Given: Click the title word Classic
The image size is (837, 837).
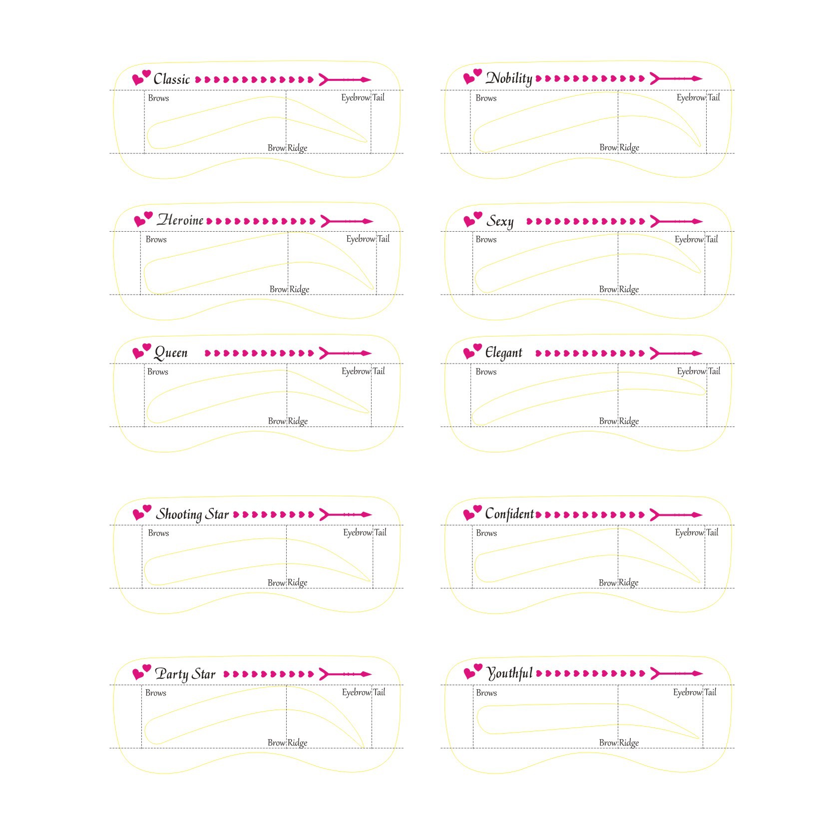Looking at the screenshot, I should [x=171, y=79].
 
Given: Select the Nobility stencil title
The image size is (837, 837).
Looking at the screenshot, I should [x=508, y=78].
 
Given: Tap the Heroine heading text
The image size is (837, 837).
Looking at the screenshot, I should [x=180, y=220].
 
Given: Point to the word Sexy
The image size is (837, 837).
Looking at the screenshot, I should [x=499, y=221].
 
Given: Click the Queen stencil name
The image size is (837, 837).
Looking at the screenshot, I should [x=171, y=353].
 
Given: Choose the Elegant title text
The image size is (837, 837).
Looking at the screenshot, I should [x=503, y=353].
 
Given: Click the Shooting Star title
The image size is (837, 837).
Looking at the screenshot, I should [x=192, y=514].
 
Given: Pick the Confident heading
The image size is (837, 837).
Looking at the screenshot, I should [x=509, y=514].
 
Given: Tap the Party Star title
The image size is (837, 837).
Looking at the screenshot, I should [x=185, y=674].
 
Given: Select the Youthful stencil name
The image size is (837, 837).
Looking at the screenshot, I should [x=509, y=673].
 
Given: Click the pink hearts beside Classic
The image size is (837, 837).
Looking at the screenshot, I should [x=141, y=77].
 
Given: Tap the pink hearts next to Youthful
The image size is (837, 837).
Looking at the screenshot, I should [x=472, y=671].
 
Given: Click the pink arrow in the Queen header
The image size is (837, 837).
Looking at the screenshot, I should [x=345, y=353].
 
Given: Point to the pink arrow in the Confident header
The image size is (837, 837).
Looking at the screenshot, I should [x=676, y=514].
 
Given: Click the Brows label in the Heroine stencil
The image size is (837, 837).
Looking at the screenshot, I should [x=156, y=240].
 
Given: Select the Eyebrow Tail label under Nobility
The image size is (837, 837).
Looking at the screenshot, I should [x=698, y=98].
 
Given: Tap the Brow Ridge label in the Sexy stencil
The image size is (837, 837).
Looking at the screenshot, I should [x=619, y=289].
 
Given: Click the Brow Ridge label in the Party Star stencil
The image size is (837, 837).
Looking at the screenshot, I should [x=287, y=743].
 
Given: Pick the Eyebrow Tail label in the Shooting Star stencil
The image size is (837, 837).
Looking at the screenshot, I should [x=365, y=533].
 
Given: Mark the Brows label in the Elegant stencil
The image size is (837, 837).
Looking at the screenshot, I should [x=486, y=372].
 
